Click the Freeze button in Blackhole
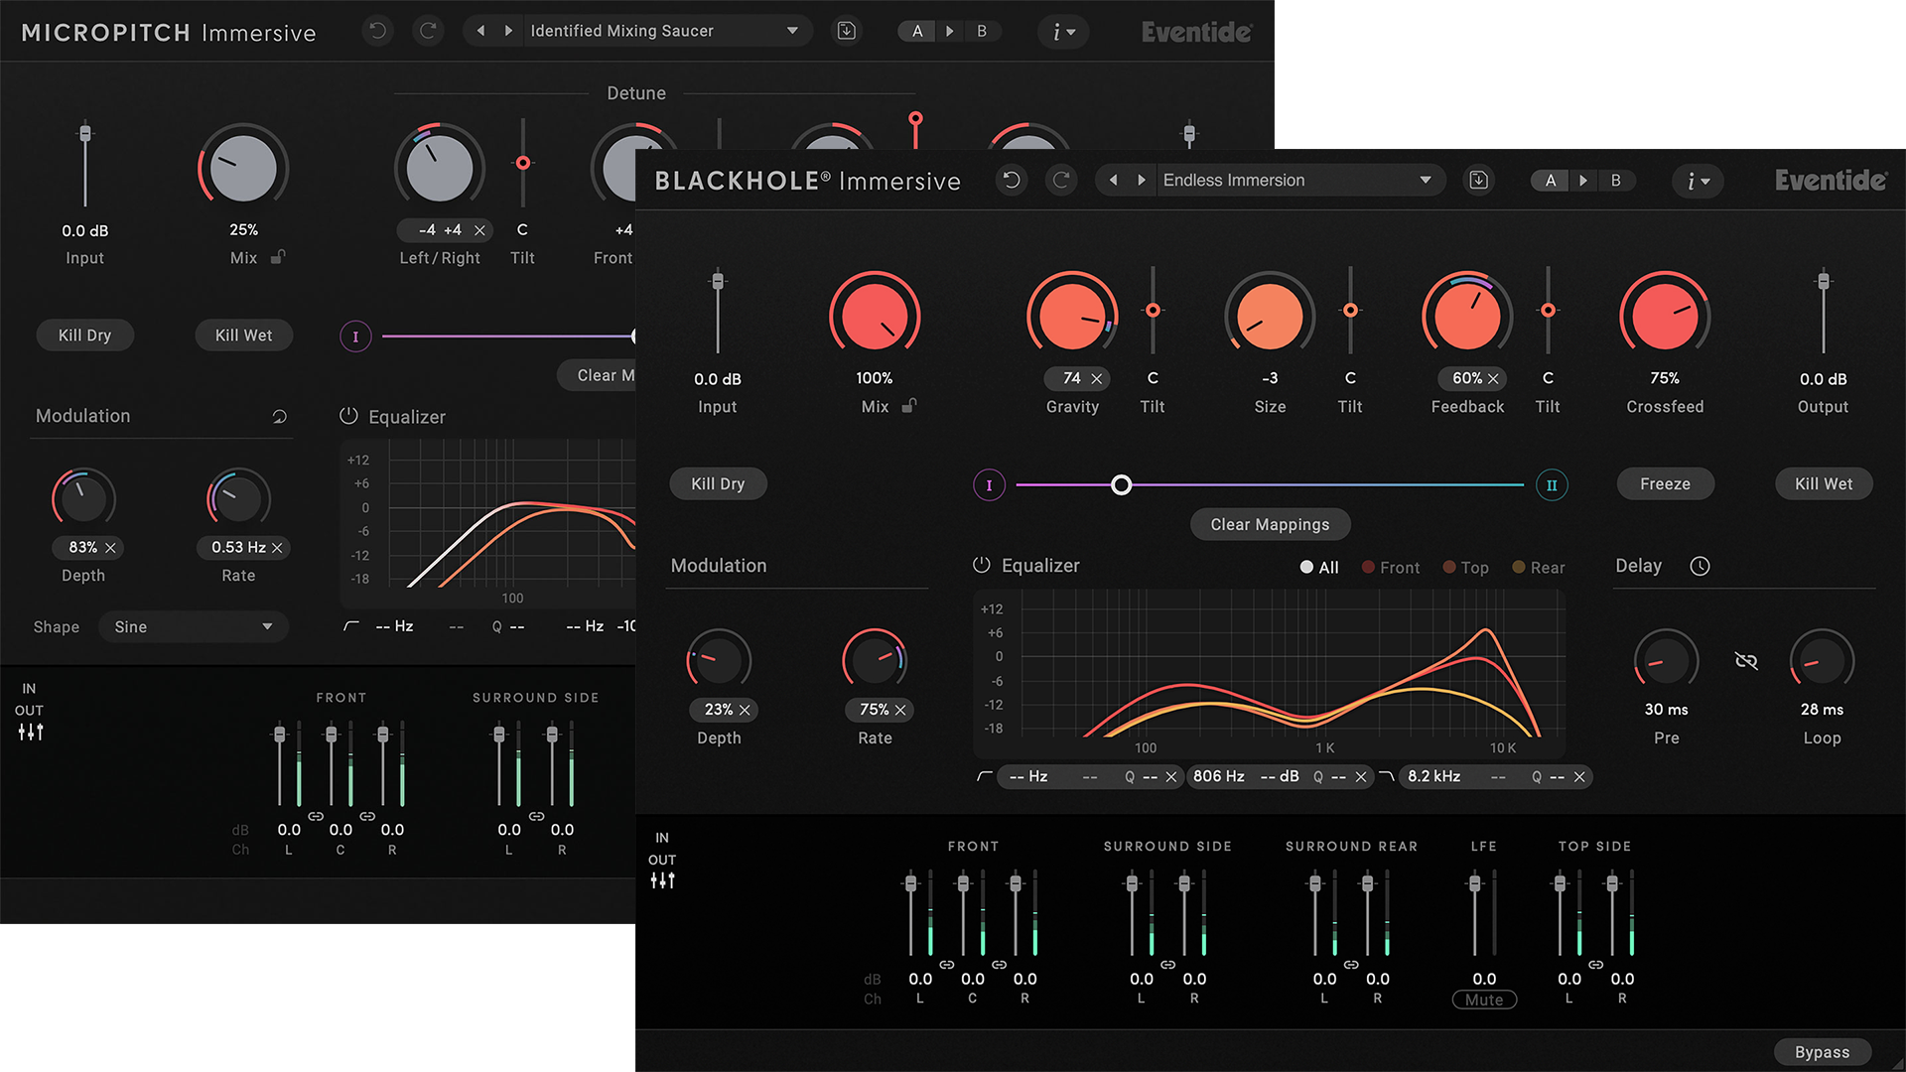coord(1665,484)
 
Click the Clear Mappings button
coord(1270,524)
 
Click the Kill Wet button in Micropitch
coord(243,335)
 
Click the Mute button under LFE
coord(1484,1000)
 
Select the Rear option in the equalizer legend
coord(1539,568)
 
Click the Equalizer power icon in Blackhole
coord(982,566)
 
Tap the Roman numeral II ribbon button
coord(1552,485)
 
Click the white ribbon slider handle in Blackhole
coord(1121,485)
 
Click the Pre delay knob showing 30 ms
coord(1666,661)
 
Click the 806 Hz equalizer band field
coord(1219,776)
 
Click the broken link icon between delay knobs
coord(1746,661)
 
